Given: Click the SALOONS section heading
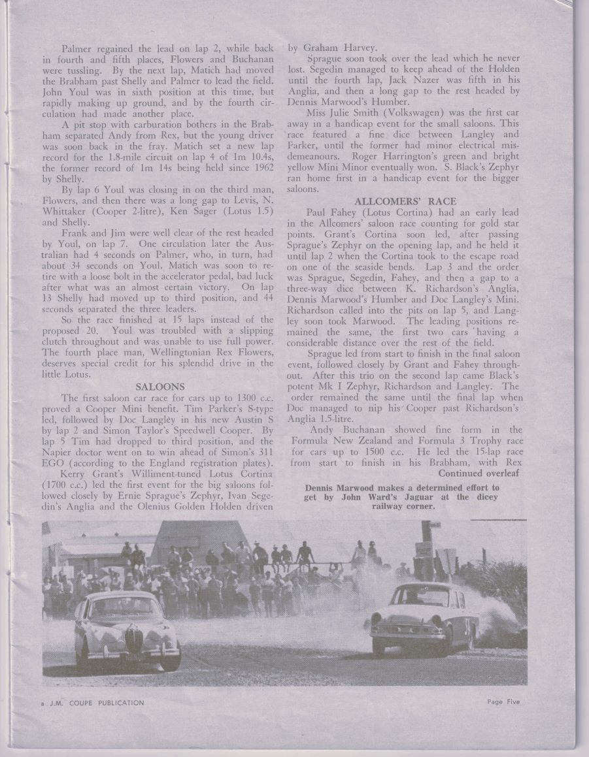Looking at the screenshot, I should tap(160, 387).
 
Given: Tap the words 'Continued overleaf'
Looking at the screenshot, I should tap(479, 473).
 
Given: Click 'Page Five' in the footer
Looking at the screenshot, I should tap(503, 702).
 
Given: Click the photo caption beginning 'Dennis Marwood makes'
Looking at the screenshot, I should tap(402, 496).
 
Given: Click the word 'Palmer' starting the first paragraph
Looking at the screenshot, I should tap(76, 48).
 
